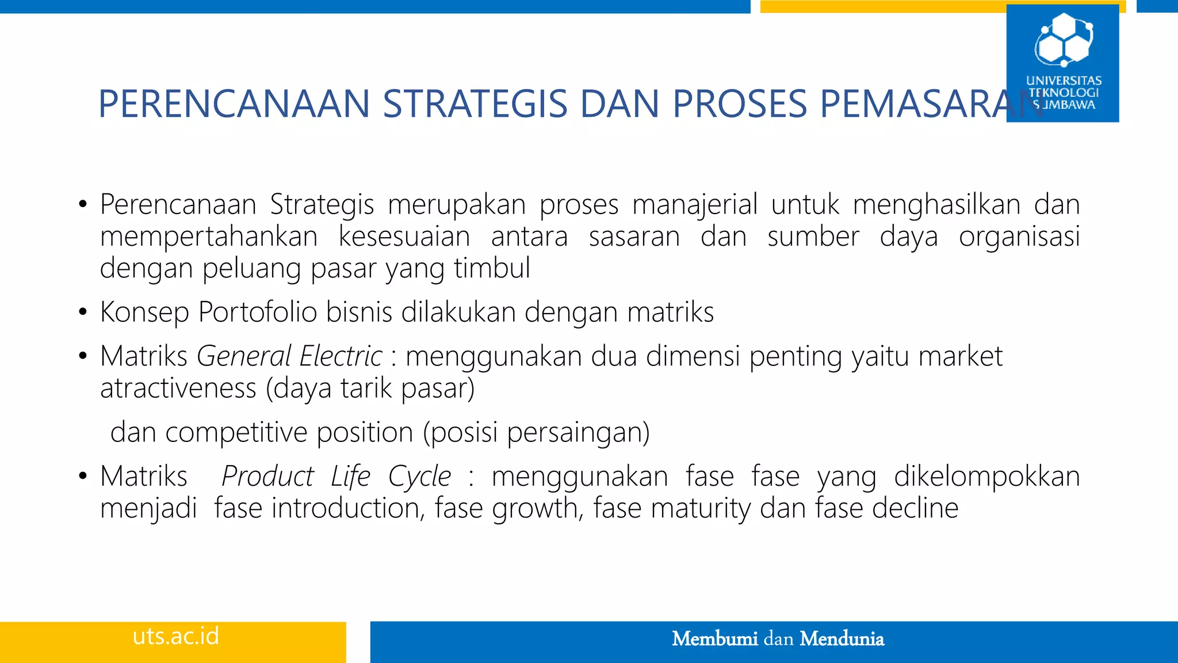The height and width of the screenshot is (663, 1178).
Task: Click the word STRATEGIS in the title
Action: tap(475, 105)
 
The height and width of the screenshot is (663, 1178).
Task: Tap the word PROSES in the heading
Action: tap(740, 105)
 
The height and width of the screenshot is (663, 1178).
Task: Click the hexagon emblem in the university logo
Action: tap(1064, 39)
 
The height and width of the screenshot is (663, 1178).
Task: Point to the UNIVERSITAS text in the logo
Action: tap(1064, 81)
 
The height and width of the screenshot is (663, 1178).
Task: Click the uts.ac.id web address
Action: tap(175, 637)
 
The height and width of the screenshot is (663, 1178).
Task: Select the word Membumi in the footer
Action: tap(714, 639)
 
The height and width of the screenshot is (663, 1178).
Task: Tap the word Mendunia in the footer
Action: tap(842, 639)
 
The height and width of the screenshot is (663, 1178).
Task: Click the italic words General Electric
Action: tap(289, 356)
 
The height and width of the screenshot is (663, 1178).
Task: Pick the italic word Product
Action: tap(267, 477)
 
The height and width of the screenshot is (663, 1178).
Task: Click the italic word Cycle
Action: tap(419, 477)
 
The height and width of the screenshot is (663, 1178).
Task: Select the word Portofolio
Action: tap(258, 313)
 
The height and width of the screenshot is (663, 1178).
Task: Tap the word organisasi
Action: tap(1019, 237)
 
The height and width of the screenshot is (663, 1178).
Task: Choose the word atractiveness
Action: tap(178, 388)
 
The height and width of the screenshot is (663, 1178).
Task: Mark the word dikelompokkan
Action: tap(986, 477)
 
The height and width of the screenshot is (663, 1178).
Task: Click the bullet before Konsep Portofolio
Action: tap(83, 313)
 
